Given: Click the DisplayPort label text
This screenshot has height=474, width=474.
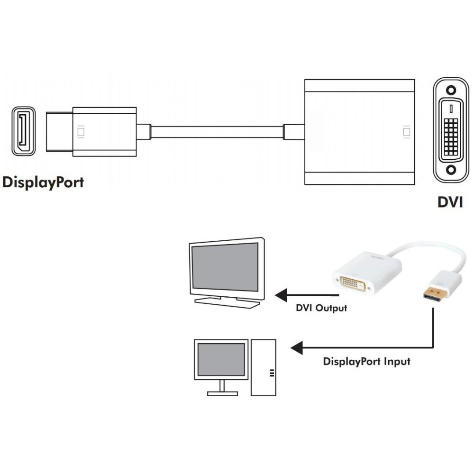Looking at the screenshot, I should click(x=43, y=182).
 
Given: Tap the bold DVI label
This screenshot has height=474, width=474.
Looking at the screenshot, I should click(x=450, y=202).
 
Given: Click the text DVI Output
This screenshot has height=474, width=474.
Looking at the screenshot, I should click(x=321, y=308).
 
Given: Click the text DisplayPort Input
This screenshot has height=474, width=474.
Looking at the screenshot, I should click(x=366, y=362).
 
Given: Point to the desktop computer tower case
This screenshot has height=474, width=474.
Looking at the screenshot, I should click(x=264, y=367).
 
